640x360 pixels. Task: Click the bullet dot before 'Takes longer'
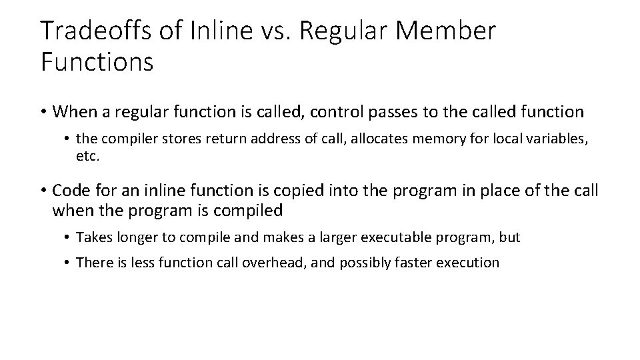click(x=69, y=237)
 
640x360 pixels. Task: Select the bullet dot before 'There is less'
click(x=69, y=263)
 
